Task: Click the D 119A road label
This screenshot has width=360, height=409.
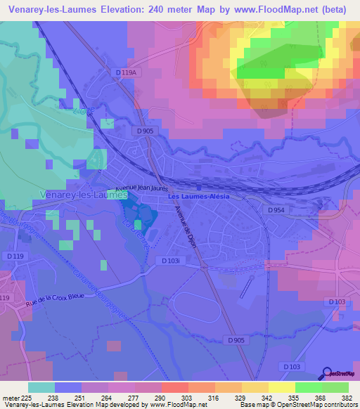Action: [125, 72]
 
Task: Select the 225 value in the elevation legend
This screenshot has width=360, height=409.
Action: [27, 397]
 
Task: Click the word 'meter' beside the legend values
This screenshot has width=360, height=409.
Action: [10, 397]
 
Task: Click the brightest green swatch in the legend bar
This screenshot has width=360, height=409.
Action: [308, 387]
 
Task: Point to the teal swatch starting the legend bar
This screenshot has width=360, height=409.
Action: [41, 387]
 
